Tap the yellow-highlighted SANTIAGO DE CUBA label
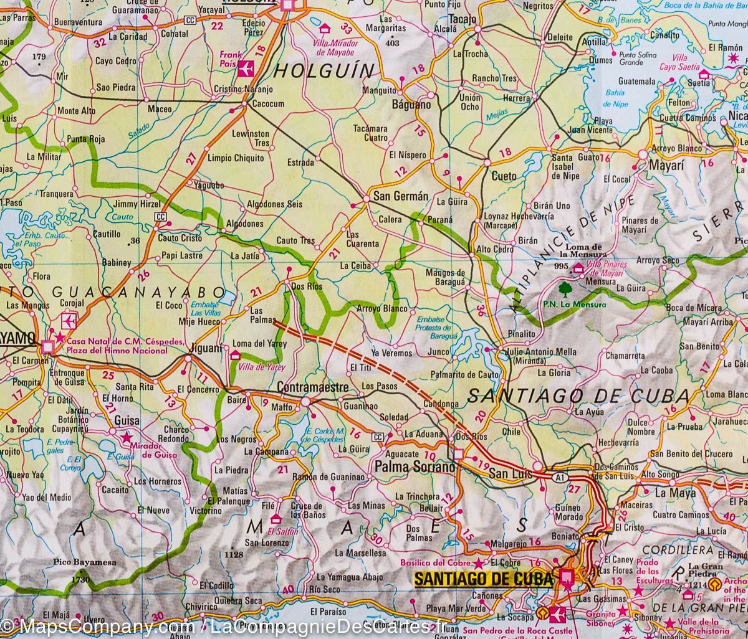[x=484, y=579]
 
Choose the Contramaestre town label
[x=312, y=387]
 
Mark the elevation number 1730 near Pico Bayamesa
[x=81, y=580]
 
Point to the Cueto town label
[x=504, y=176]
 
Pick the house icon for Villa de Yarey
[x=236, y=355]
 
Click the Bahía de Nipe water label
[x=616, y=99]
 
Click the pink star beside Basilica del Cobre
[x=478, y=563]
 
